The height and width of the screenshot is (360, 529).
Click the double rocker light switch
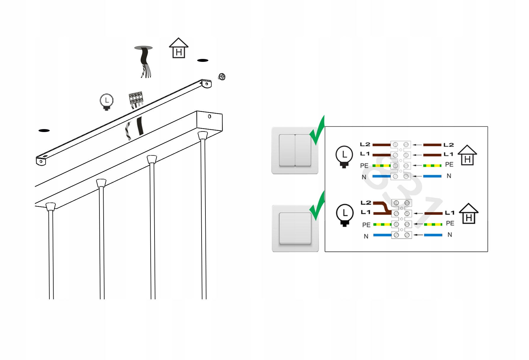[295, 150]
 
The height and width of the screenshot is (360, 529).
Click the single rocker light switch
[295, 228]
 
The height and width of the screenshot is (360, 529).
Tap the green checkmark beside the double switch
[318, 130]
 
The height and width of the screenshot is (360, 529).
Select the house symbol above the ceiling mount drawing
[179, 48]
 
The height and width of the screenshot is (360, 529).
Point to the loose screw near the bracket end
[222, 77]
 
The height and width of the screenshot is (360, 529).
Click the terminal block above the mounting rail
[136, 99]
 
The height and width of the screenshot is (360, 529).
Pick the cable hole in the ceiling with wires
[143, 48]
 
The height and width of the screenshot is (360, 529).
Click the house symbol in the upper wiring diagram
[467, 155]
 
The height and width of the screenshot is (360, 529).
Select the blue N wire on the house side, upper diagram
[432, 176]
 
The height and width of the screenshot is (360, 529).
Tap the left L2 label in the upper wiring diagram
[365, 144]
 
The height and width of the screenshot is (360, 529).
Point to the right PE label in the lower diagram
[450, 223]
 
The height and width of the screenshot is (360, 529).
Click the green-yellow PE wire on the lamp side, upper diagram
[381, 165]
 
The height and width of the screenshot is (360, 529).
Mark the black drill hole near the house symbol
[203, 60]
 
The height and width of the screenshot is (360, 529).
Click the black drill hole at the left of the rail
[44, 130]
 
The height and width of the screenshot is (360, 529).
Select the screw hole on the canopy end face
[210, 116]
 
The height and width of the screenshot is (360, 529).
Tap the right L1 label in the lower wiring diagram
[449, 213]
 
